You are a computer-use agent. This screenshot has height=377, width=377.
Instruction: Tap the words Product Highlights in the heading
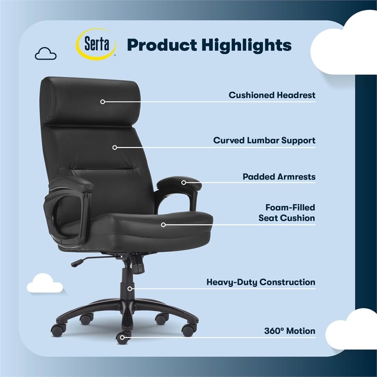coord(209,45)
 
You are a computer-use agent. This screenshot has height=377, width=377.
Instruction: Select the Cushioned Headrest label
coord(272,95)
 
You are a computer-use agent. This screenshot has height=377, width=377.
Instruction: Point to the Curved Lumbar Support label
coord(264,140)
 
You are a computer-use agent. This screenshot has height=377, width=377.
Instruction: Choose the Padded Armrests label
coord(279,177)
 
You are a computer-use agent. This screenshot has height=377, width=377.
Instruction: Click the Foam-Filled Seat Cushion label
coord(287,213)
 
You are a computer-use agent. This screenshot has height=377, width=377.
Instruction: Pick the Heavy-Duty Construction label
coord(261,282)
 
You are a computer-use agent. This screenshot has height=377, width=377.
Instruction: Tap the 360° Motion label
coord(290,331)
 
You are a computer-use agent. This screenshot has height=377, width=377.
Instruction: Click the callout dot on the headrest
coord(102,101)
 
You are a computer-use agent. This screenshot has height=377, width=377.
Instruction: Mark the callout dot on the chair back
coord(115,147)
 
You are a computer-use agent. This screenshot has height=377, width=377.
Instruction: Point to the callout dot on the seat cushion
coord(164,225)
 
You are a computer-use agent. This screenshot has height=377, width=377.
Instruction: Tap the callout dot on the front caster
coord(123,336)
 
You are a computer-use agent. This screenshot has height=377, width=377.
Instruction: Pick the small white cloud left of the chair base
coord(45,283)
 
